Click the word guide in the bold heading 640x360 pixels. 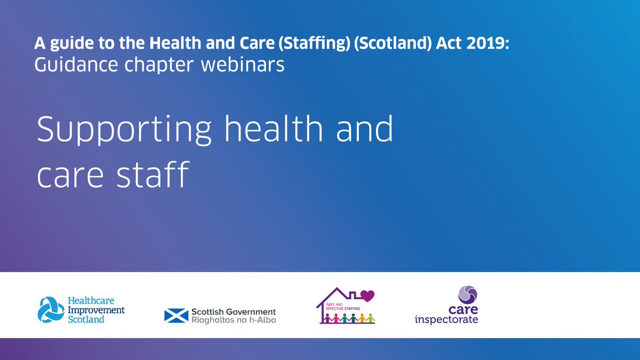click(66, 43)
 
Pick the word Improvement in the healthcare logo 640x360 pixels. click(96, 310)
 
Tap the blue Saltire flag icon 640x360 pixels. click(176, 315)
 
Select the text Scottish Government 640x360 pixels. click(233, 311)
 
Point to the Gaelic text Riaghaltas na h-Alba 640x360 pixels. click(233, 320)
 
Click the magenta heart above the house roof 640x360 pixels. click(369, 295)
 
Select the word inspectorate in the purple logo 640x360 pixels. click(446, 320)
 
